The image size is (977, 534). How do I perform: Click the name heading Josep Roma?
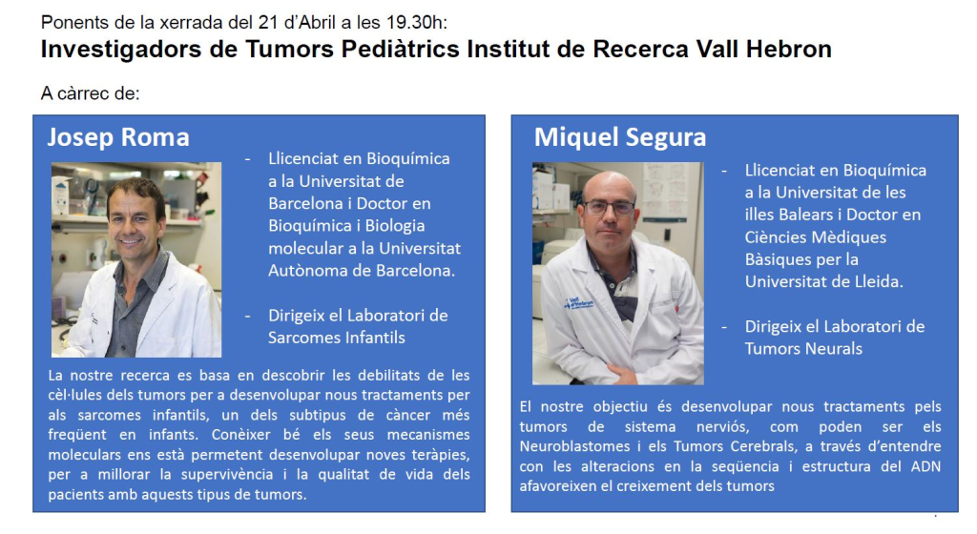(118, 137)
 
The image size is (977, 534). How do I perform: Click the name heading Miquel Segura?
(620, 137)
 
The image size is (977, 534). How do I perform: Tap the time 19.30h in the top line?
(416, 22)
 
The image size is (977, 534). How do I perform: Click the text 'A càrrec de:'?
(91, 93)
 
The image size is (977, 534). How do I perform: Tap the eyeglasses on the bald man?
(609, 208)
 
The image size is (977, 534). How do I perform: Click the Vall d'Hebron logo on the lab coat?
(579, 303)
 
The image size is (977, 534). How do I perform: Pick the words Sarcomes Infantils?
(337, 338)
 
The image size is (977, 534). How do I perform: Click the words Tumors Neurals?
(803, 349)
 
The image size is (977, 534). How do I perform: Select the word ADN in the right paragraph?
(925, 467)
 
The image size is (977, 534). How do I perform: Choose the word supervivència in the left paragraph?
(227, 475)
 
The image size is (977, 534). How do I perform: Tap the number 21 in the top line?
(268, 22)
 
